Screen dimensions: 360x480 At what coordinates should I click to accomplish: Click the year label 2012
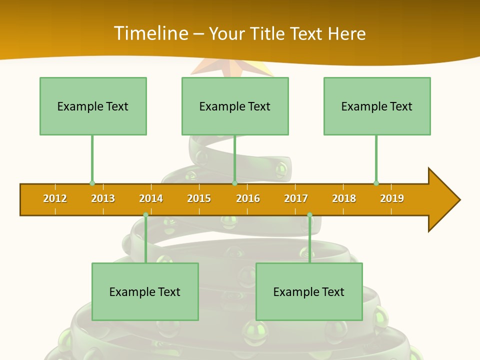(55, 198)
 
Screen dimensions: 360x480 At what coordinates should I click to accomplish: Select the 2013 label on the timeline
(103, 198)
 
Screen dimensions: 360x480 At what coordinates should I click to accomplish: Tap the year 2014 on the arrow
(151, 198)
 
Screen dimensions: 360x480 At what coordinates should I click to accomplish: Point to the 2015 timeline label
(199, 198)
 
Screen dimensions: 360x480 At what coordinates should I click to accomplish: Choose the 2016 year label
(248, 198)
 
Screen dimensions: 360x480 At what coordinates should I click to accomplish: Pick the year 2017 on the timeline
(296, 198)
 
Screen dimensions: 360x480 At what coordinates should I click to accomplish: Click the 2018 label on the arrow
(344, 198)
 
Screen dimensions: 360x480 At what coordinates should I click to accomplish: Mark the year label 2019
(392, 198)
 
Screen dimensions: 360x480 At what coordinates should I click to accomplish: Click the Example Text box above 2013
(93, 106)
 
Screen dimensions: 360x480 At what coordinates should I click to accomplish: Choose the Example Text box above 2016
(235, 106)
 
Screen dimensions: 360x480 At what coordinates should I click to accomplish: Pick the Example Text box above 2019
(377, 106)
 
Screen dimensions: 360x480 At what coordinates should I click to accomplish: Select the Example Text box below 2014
(145, 291)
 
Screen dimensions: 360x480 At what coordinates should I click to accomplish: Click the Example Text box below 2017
(309, 291)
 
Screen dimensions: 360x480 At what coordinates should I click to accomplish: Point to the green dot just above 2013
(92, 183)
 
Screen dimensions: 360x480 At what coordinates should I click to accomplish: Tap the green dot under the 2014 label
(145, 215)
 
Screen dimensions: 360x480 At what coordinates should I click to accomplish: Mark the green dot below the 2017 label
(309, 215)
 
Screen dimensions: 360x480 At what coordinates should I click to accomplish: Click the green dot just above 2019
(376, 183)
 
